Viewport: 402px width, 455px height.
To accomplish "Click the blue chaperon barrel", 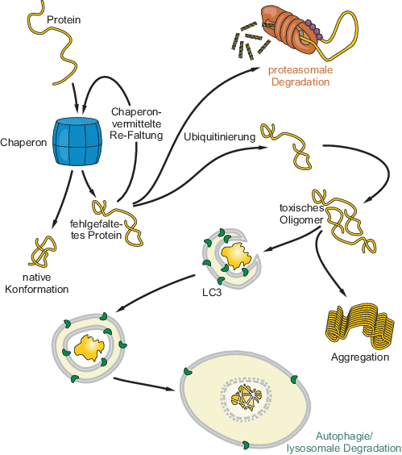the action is (77, 142).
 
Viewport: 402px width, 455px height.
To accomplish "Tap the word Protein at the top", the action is (64, 19).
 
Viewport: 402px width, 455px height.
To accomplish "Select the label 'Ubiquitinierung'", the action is (220, 136).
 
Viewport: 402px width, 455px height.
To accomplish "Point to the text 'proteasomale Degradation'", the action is (300, 76).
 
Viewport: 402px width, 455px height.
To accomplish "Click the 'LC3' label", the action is (212, 293).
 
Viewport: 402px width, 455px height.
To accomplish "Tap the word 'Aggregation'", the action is (360, 357).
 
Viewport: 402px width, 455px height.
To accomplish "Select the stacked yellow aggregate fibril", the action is (360, 326).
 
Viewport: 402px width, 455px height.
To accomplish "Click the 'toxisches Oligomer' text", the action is (301, 214).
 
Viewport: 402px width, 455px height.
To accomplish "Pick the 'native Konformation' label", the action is (37, 283).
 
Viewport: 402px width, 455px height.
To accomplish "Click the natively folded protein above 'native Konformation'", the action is (43, 251).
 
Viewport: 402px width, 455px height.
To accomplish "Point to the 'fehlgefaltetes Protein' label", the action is (96, 229).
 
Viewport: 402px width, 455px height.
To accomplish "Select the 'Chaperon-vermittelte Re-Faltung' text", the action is (136, 123).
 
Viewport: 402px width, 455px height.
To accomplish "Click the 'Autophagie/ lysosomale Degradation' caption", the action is (344, 442).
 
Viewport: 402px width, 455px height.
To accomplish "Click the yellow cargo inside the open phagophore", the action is (236, 256).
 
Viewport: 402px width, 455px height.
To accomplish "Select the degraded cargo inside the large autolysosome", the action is (247, 394).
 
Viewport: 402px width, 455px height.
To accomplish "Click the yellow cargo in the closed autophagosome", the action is (89, 348).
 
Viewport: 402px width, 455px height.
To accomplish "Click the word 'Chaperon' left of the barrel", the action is (23, 143).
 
